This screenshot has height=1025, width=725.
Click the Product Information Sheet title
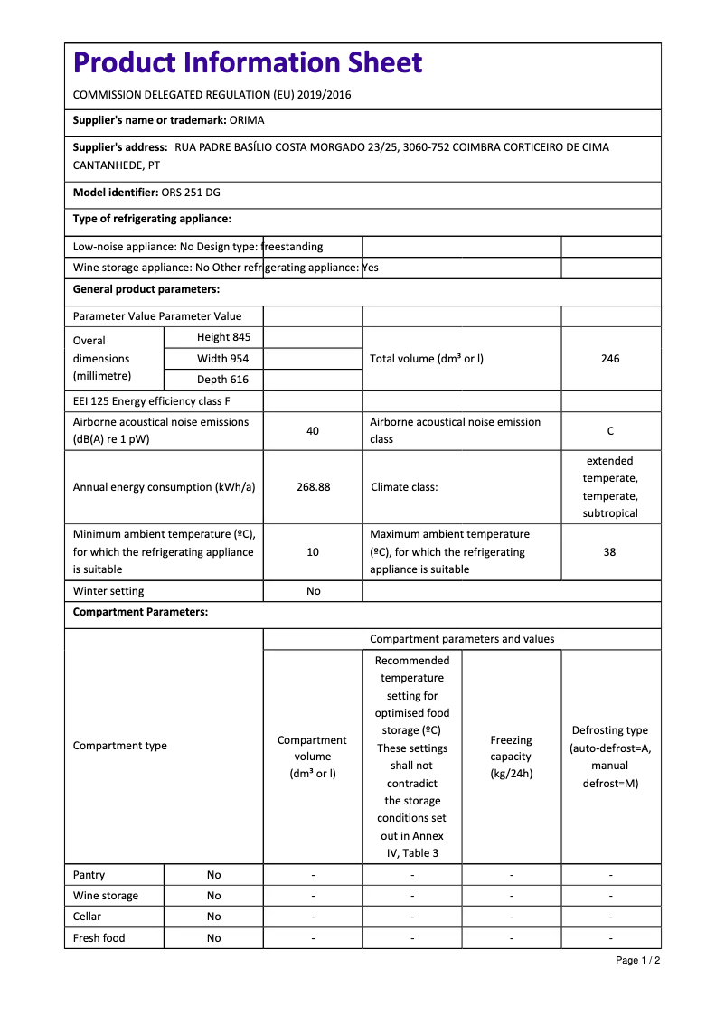[248, 62]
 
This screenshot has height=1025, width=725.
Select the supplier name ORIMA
[247, 119]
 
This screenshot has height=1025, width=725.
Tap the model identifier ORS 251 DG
[191, 193]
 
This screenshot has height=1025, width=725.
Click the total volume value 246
[610, 359]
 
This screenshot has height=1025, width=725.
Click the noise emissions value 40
[313, 431]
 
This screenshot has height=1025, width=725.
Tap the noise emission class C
[610, 431]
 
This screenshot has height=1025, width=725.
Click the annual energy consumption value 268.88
[313, 487]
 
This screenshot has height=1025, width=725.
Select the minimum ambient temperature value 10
[313, 552]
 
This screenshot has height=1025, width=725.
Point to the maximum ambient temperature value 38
[610, 552]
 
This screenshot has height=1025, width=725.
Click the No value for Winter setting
[313, 591]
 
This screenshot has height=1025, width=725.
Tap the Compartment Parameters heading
[140, 612]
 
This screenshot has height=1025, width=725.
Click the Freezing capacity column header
[511, 757]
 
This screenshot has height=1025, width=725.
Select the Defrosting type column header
[610, 757]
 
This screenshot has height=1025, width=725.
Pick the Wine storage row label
[106, 896]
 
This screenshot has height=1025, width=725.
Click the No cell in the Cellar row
[213, 917]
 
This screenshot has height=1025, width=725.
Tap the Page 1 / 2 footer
[637, 960]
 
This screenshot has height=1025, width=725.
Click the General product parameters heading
[146, 289]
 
